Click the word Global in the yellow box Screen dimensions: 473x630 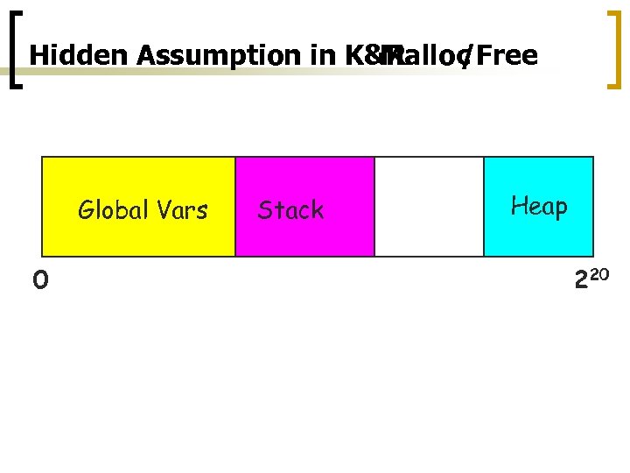[x=111, y=210]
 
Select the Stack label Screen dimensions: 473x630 [x=290, y=210]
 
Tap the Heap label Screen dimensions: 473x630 [x=539, y=207]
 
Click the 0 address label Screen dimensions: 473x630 [x=39, y=280]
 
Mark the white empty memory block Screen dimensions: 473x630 [x=429, y=207]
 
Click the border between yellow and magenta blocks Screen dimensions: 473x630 [x=235, y=207]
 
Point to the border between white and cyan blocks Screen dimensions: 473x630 [x=484, y=207]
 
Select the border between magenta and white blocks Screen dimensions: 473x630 [x=374, y=207]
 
